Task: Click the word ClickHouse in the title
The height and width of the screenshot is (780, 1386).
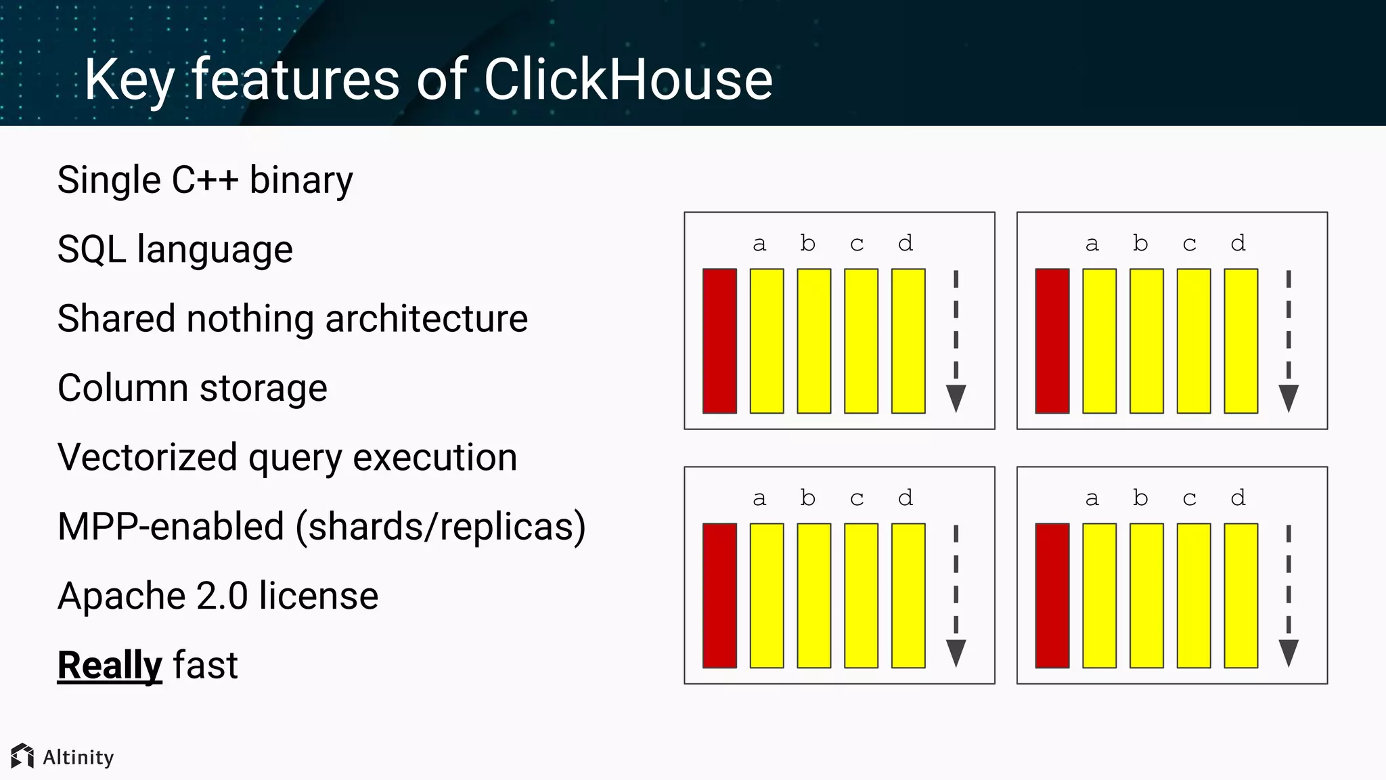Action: coord(627,80)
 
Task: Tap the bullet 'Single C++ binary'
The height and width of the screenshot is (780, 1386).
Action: coord(204,181)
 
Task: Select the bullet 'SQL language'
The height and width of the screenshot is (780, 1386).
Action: coord(175,249)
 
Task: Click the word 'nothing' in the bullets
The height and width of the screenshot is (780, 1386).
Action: coord(250,318)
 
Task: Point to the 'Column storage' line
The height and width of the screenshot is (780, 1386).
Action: coord(192,388)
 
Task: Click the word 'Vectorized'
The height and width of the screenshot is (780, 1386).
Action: coord(147,457)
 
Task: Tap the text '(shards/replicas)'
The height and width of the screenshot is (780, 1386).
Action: coord(441,527)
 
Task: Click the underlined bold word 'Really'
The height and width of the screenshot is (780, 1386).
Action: coord(110,665)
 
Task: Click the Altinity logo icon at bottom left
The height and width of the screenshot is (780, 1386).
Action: coord(22,756)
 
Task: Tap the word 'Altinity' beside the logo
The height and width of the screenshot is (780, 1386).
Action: coord(79,757)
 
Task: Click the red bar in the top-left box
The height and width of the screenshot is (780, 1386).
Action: coord(719,341)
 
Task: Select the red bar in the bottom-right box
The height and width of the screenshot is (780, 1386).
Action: coord(1052,595)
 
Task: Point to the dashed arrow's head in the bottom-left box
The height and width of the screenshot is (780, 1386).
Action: coord(956,653)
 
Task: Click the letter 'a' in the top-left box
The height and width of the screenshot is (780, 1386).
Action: coord(759,244)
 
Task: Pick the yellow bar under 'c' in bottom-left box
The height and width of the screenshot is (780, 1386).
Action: coord(861,595)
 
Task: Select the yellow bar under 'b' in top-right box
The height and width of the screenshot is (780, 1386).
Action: coord(1146,341)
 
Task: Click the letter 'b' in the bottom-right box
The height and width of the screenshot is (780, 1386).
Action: coord(1140,498)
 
